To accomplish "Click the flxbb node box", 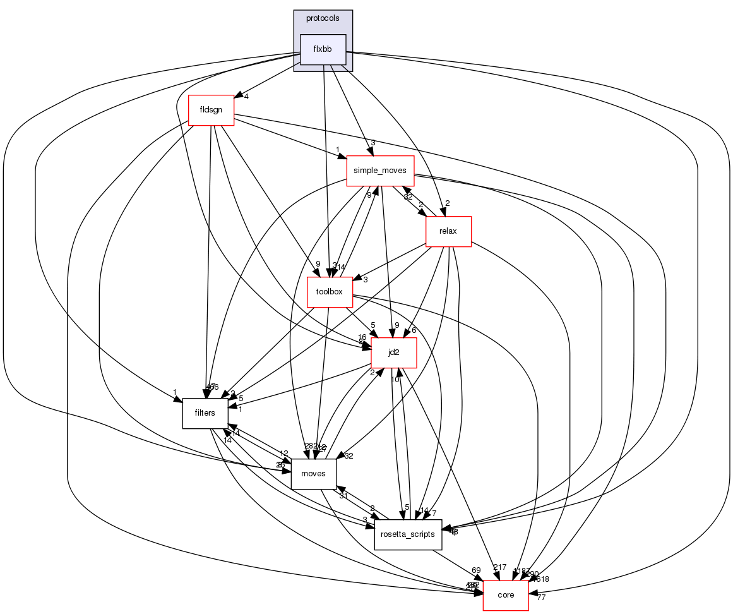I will click(323, 49).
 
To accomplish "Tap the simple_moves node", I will click(380, 171).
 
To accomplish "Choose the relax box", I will click(449, 231).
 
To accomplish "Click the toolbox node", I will click(329, 292).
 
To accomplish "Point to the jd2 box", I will click(393, 352).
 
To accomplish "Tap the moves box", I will click(314, 473).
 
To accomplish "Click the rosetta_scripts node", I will click(408, 534).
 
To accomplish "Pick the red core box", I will click(505, 595).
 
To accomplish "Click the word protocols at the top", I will click(323, 18).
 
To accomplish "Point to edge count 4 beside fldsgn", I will click(246, 97).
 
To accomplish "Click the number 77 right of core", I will click(540, 598).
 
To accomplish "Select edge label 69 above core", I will click(476, 570).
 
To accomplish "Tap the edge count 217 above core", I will click(499, 567).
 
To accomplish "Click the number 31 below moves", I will click(343, 495).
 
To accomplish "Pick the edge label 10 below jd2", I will click(395, 380).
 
